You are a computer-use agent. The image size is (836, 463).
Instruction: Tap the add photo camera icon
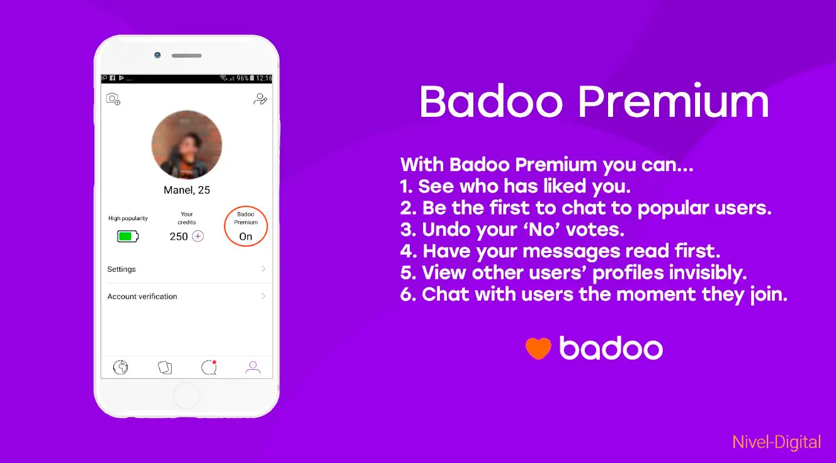point(113,99)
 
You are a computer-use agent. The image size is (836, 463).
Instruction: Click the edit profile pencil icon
point(260,99)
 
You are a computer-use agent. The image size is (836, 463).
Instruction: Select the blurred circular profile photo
point(186,145)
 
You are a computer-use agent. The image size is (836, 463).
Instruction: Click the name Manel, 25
point(186,190)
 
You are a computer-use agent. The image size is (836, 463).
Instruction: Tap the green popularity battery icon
point(128,236)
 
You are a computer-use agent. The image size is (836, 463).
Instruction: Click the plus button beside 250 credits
point(198,236)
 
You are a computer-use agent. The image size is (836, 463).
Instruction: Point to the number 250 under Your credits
point(178,237)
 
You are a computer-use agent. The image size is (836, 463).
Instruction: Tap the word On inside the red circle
point(246,237)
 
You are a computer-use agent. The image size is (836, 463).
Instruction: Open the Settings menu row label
point(121,269)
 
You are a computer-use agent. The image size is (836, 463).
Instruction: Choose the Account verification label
point(142,296)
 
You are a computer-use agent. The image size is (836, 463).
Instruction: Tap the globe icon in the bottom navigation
point(120,367)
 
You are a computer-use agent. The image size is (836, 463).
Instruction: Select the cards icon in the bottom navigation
point(165,367)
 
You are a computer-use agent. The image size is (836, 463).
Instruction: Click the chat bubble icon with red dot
point(209,367)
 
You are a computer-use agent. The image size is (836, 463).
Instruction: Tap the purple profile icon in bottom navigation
point(252,367)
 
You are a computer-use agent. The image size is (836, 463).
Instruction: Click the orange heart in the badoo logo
point(538,348)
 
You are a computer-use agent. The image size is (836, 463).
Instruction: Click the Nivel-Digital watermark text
point(776,442)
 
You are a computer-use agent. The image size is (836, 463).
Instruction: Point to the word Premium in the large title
point(673,101)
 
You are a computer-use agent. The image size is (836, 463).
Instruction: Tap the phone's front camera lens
point(157,55)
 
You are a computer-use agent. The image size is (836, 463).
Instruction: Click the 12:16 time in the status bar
point(264,79)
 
